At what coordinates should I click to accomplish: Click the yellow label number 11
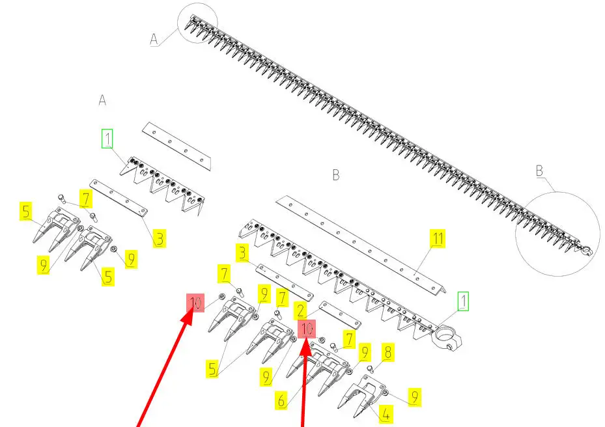(x=438, y=238)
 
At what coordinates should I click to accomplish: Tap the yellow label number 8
(x=387, y=351)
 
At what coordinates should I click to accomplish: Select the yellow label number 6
(x=281, y=400)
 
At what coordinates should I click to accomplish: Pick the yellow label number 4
(x=386, y=415)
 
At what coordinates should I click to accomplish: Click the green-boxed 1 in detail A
(x=107, y=139)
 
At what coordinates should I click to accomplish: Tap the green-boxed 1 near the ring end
(x=464, y=301)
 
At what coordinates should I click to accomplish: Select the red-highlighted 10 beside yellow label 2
(x=307, y=329)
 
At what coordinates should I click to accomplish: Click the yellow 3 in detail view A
(x=160, y=238)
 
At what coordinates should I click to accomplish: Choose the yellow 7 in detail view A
(x=86, y=199)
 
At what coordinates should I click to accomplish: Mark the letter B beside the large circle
(x=539, y=171)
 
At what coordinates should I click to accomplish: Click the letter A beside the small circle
(x=154, y=39)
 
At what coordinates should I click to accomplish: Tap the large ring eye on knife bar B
(x=447, y=337)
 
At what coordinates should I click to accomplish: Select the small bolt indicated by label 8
(x=371, y=369)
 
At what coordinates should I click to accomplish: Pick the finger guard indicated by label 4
(x=361, y=396)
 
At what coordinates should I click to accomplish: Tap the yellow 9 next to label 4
(x=414, y=397)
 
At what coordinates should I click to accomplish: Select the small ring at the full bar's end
(x=587, y=250)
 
